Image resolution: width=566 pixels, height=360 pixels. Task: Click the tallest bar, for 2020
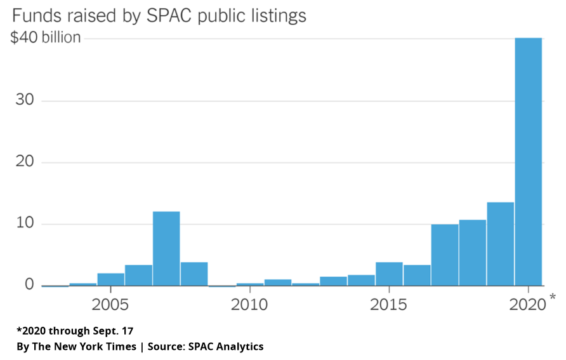point(529,162)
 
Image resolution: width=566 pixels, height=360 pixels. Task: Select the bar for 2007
point(166,248)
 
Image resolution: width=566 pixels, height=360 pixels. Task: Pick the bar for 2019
point(500,244)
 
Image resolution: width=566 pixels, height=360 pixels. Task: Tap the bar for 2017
point(445,255)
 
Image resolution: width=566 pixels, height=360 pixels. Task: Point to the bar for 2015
point(389,274)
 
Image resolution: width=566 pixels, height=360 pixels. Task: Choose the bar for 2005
point(110,279)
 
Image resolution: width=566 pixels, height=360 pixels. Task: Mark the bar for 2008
point(194,274)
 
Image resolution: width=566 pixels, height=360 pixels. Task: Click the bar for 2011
point(278,282)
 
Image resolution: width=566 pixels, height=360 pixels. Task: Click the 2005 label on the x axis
point(110,305)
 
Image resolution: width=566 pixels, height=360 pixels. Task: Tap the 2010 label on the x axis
point(250,305)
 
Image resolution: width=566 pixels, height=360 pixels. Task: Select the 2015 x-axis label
point(389,305)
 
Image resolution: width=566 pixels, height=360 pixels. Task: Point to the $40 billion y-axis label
point(46,38)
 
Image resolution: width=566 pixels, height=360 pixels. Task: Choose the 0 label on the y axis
point(29,285)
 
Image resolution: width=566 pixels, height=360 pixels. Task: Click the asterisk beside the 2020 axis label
point(552,298)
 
